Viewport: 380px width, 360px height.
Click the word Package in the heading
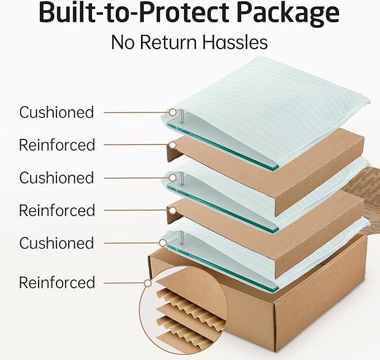tap(288, 13)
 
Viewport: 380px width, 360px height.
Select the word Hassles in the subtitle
tap(235, 42)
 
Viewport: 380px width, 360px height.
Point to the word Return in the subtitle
tap(168, 43)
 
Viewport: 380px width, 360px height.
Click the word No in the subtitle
tap(123, 43)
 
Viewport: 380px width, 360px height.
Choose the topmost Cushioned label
tap(57, 112)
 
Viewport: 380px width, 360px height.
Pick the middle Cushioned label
tap(57, 177)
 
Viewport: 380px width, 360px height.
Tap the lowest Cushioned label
tap(57, 243)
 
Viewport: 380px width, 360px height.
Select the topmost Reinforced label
tap(57, 145)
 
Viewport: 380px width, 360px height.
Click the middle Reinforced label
tap(57, 210)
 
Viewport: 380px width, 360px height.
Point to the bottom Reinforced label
tap(57, 283)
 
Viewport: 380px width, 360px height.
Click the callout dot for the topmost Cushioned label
tap(172, 112)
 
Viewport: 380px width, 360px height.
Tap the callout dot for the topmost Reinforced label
tap(172, 145)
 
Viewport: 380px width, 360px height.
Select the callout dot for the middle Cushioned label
tap(172, 177)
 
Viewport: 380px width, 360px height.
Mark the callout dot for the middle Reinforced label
tap(172, 211)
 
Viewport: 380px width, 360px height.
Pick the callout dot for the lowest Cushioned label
tap(163, 242)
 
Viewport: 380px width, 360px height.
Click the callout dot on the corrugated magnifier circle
tap(148, 283)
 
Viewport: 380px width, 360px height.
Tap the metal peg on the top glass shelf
tap(181, 116)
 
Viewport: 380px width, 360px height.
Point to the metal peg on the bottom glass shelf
tap(181, 238)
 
